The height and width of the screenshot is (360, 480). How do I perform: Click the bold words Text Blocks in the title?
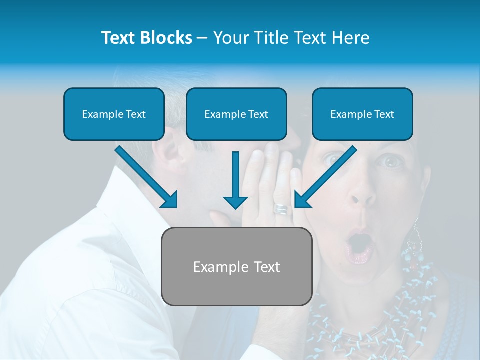146,38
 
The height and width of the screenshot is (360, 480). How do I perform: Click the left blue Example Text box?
114,114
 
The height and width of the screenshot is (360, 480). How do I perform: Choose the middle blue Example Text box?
236,114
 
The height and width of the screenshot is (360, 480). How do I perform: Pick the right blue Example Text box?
362,114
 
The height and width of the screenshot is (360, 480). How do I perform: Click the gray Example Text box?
236,267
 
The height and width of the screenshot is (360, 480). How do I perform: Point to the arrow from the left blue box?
147,177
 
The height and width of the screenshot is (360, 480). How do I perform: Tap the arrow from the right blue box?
325,177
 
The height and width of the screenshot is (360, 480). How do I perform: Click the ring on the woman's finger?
281,209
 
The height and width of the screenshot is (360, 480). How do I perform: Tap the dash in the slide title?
202,38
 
